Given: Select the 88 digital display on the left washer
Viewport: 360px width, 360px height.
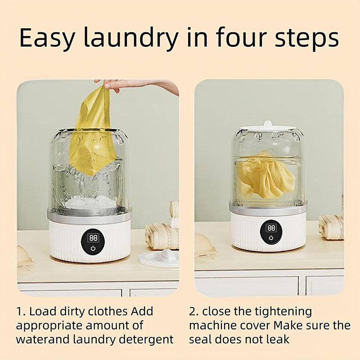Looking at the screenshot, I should (x=93, y=238).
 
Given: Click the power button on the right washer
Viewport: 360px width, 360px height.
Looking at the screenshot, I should (x=271, y=238).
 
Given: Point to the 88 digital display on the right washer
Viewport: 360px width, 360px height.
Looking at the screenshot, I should (x=271, y=228).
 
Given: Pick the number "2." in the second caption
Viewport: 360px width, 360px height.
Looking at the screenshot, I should (x=194, y=311).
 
